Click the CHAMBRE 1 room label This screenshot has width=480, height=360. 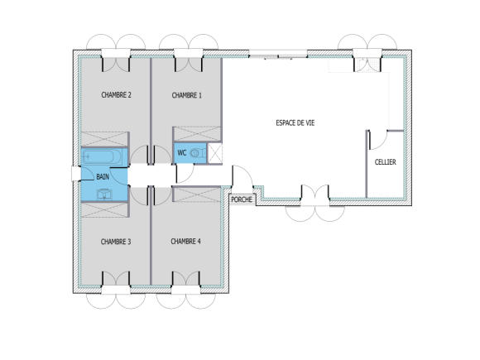pyautogui.click(x=187, y=95)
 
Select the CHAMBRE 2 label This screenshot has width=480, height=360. pyautogui.click(x=117, y=95)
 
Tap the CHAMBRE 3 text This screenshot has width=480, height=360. pyautogui.click(x=116, y=242)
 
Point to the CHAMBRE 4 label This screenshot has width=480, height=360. pyautogui.click(x=185, y=242)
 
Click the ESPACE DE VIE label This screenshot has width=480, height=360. pyautogui.click(x=295, y=122)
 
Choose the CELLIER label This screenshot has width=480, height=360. pyautogui.click(x=385, y=162)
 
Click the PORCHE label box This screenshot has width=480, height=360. pyautogui.click(x=242, y=199)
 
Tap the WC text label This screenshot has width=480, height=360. pyautogui.click(x=181, y=153)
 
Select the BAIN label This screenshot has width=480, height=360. pyautogui.click(x=103, y=176)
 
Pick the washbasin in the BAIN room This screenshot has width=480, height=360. pyautogui.click(x=104, y=194)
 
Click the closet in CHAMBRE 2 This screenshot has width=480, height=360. pyautogui.click(x=103, y=138)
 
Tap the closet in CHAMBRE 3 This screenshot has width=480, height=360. pyautogui.click(x=104, y=209)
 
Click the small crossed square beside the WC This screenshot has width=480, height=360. pyautogui.click(x=214, y=153)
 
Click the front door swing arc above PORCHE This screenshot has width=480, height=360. pyautogui.click(x=242, y=176)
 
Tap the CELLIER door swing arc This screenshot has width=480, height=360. pyautogui.click(x=377, y=141)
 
